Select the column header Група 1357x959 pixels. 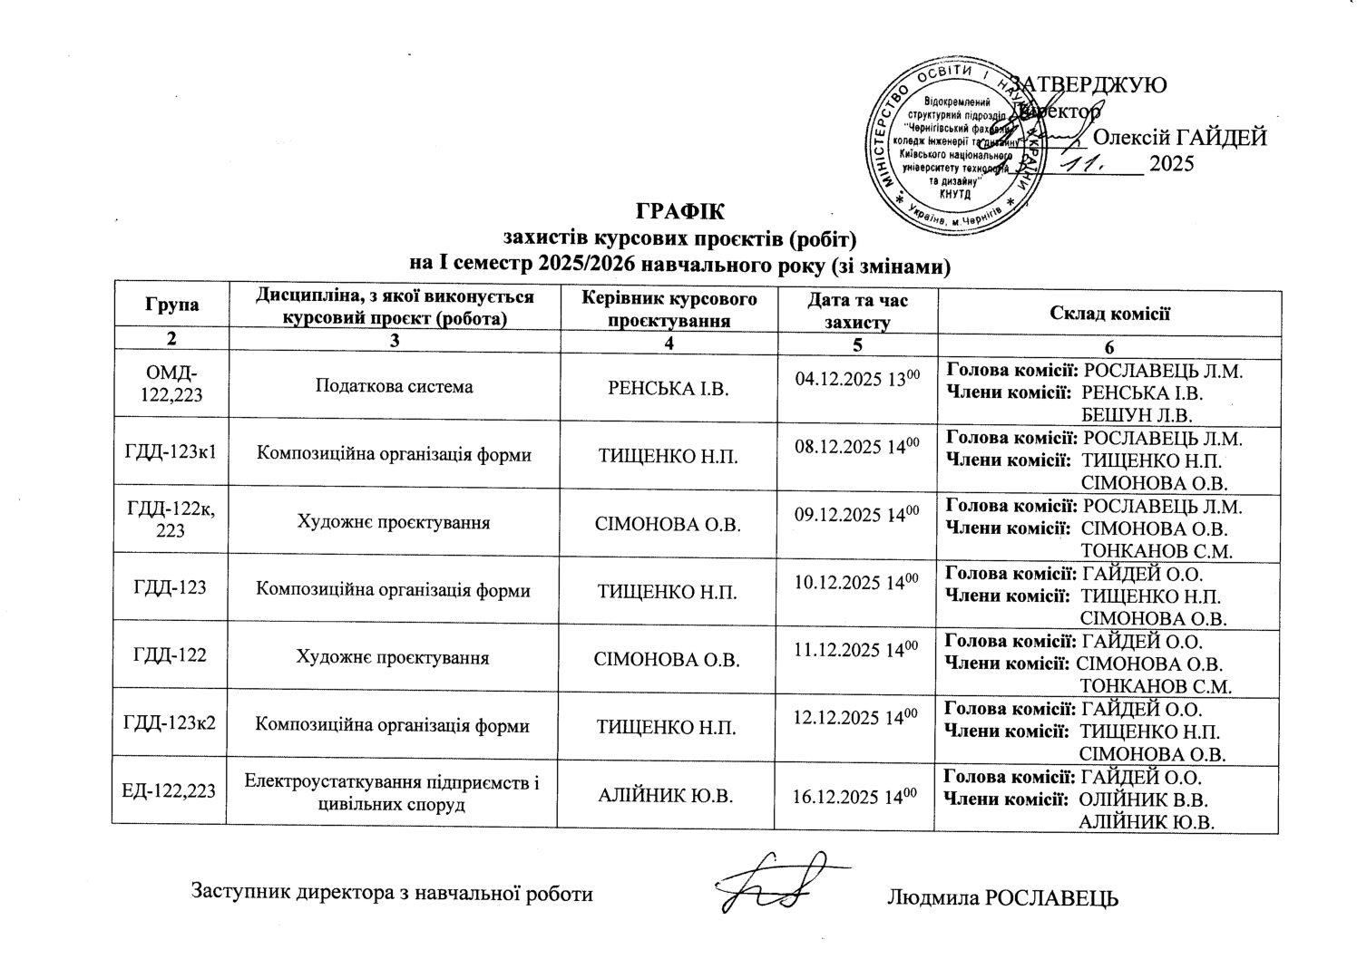pyautogui.click(x=170, y=306)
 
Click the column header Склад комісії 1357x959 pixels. pyautogui.click(x=1108, y=314)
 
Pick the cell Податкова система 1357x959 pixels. pyautogui.click(x=393, y=386)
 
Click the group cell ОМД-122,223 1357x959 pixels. pyautogui.click(x=170, y=385)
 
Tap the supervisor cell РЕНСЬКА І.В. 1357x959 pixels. pyautogui.click(x=666, y=388)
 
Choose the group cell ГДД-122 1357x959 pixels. pyautogui.click(x=170, y=656)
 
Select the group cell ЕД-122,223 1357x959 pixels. pyautogui.click(x=170, y=791)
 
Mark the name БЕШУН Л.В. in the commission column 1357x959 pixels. pyautogui.click(x=1136, y=415)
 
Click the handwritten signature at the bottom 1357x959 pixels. pyautogui.click(x=776, y=884)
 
